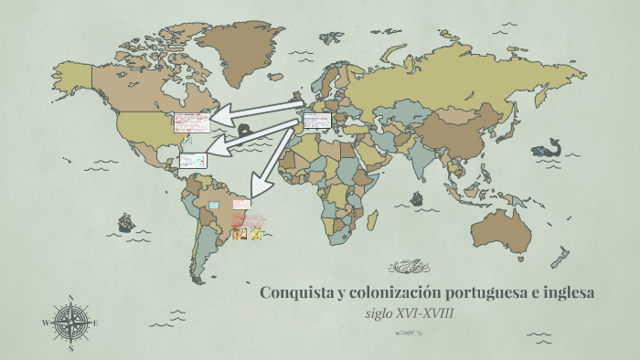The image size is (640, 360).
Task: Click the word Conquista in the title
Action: (x=293, y=293)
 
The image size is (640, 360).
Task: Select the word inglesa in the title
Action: (x=567, y=293)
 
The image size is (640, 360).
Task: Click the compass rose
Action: (x=70, y=323)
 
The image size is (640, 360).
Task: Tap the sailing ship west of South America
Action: (x=125, y=222)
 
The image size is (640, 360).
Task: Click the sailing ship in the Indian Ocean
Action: (x=417, y=198)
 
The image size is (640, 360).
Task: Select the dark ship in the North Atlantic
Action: (x=245, y=130)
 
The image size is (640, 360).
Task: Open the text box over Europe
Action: (x=319, y=120)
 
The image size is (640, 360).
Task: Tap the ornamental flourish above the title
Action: (x=409, y=267)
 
